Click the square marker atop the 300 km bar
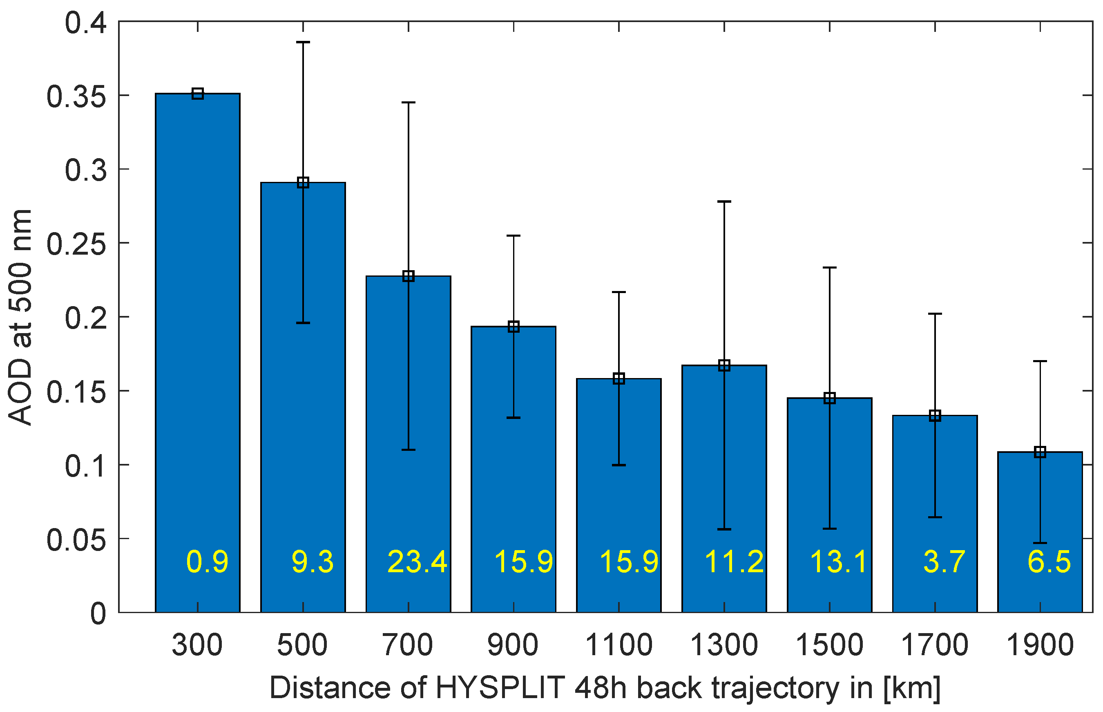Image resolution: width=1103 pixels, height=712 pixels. [x=198, y=94]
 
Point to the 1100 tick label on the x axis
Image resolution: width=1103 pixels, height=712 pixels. [x=619, y=645]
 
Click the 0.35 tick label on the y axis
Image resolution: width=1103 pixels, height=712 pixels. [x=77, y=97]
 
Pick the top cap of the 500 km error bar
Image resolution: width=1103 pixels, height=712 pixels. [x=303, y=42]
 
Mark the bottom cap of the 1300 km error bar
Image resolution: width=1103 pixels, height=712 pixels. [x=724, y=529]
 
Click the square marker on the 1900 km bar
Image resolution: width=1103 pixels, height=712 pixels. [x=1040, y=452]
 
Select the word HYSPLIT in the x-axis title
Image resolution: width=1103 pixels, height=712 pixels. [x=500, y=688]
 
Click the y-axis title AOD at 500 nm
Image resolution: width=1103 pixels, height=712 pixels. [x=20, y=317]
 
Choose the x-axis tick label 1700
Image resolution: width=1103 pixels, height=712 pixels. [x=935, y=645]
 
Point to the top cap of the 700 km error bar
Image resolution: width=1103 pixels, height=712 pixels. [x=409, y=102]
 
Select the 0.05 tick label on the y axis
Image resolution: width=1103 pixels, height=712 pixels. [x=77, y=540]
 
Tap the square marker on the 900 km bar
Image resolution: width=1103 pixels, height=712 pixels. [x=514, y=327]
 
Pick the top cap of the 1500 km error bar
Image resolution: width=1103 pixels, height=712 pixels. [x=829, y=268]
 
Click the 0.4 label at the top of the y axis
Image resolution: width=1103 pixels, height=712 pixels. [x=86, y=23]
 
